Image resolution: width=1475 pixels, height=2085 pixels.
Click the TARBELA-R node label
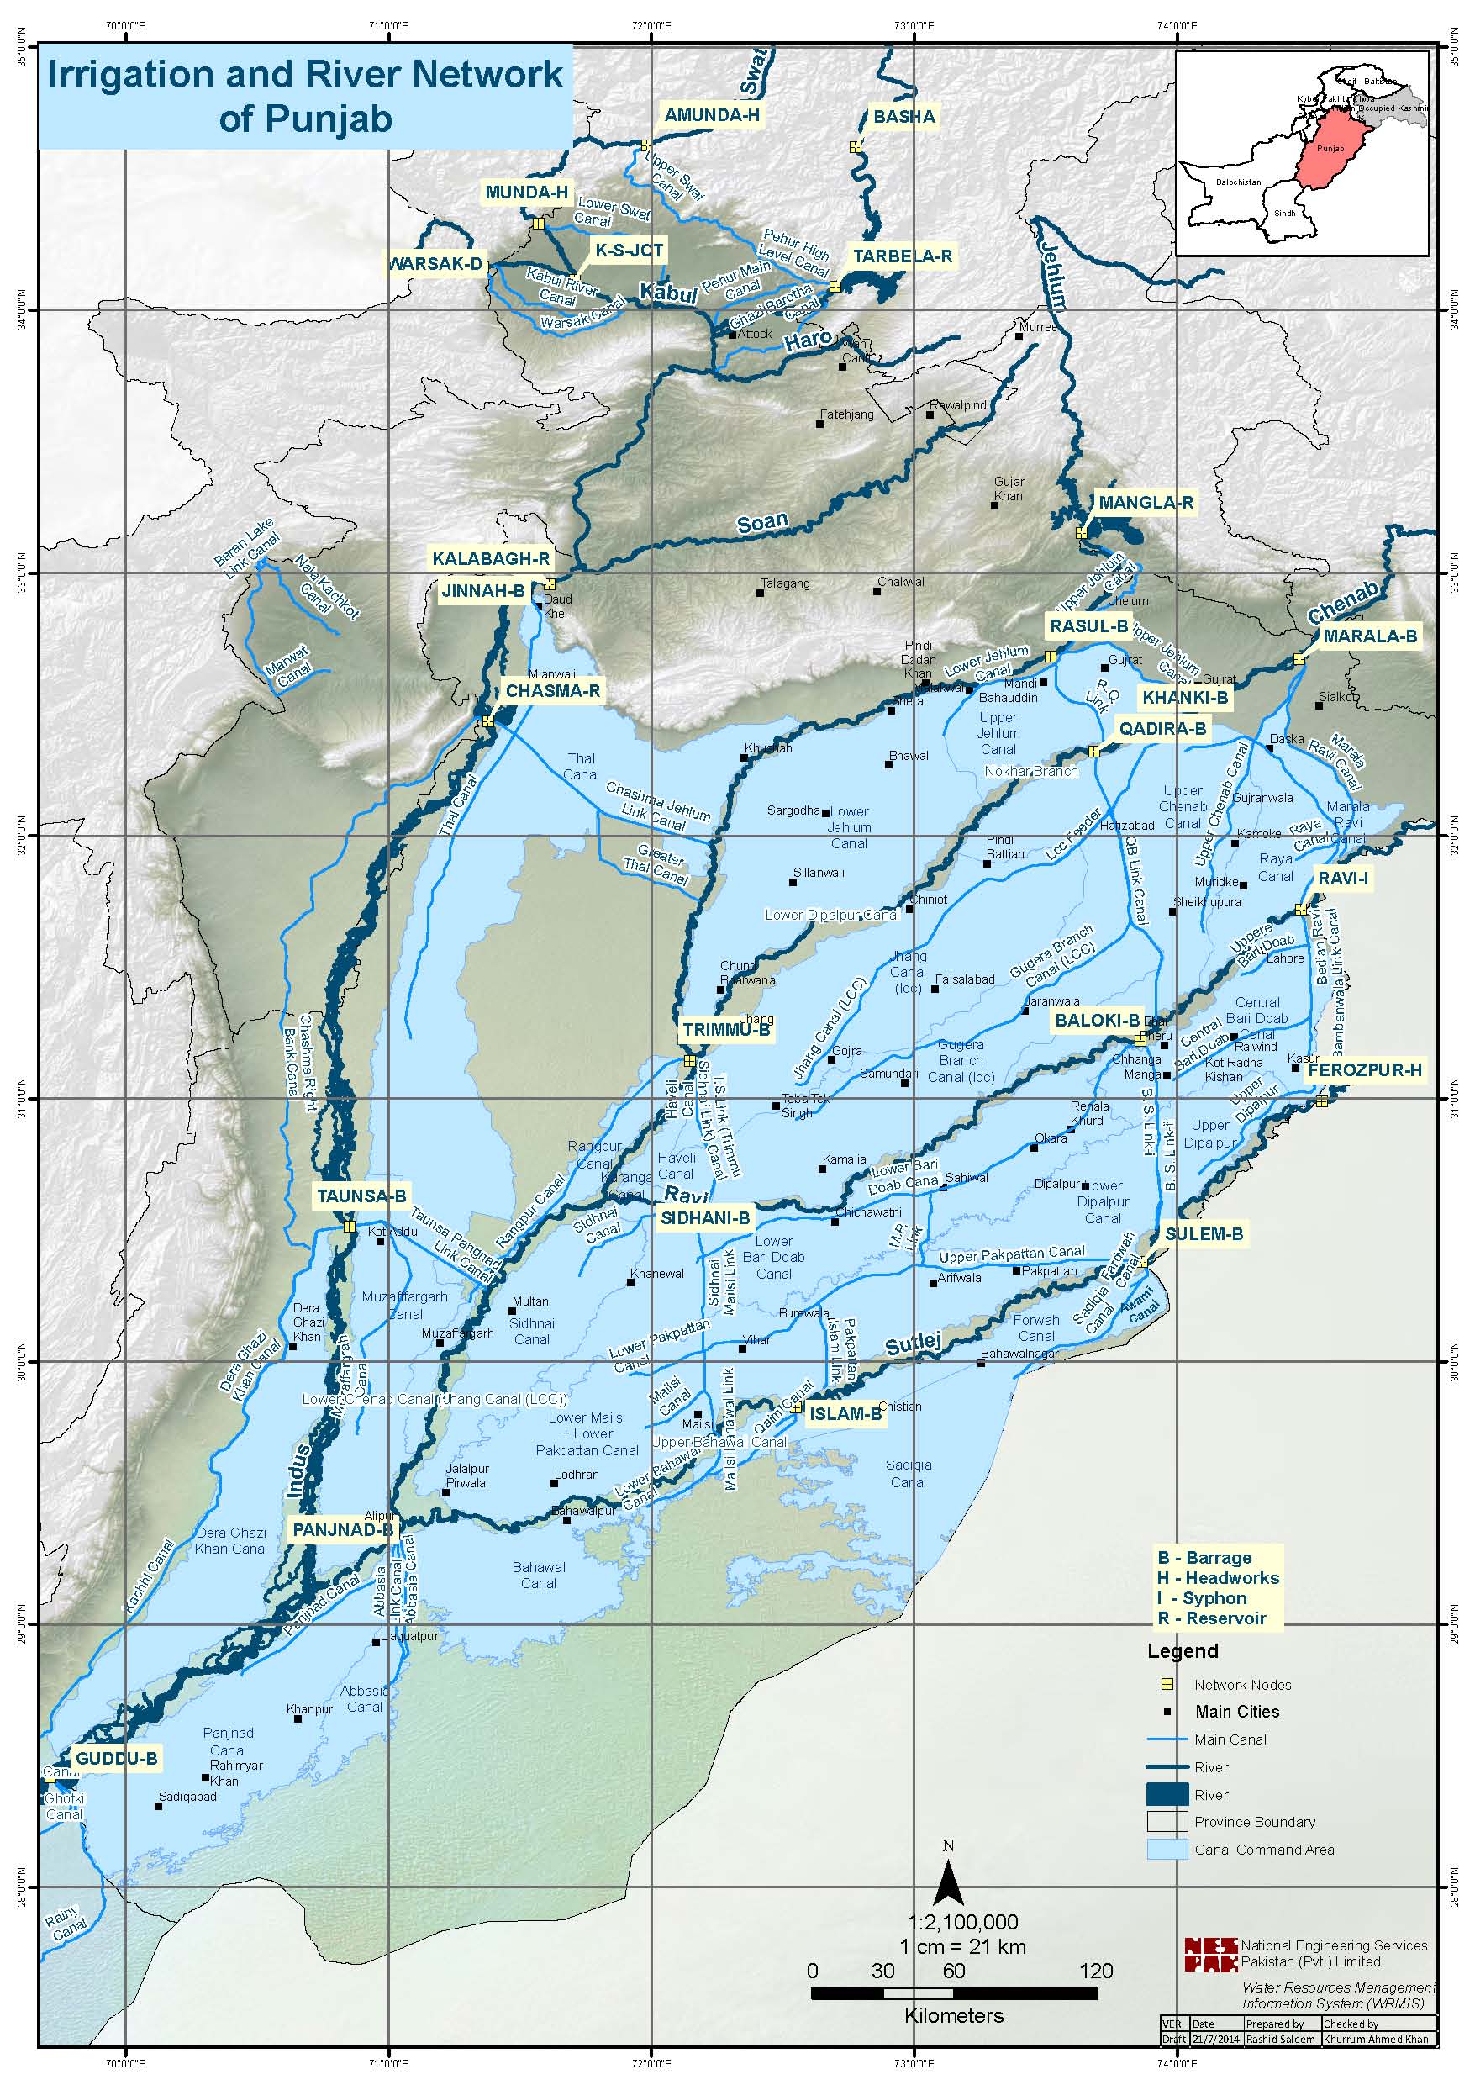click(x=902, y=256)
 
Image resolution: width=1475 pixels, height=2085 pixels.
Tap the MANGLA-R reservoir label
click(x=1146, y=503)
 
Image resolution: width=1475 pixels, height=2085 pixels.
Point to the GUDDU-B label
click(x=116, y=1759)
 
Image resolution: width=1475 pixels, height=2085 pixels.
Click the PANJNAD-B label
click(x=342, y=1530)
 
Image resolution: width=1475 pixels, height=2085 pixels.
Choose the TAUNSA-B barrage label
click(x=361, y=1196)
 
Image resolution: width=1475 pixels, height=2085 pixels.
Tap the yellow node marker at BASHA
click(x=855, y=147)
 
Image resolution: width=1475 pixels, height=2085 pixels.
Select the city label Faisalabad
click(x=965, y=979)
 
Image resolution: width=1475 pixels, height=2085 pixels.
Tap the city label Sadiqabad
click(x=187, y=1796)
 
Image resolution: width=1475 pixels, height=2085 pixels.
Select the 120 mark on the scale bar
click(x=1096, y=1972)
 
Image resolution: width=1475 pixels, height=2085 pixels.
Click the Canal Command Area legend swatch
click(x=1167, y=1850)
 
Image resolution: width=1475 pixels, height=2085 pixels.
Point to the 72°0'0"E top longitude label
click(x=651, y=25)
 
